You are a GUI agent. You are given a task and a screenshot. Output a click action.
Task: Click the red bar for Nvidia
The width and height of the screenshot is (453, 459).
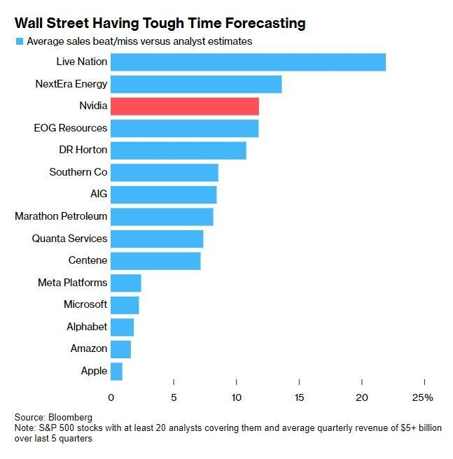coord(185,106)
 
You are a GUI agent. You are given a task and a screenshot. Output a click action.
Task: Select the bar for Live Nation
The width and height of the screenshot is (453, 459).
coord(248,62)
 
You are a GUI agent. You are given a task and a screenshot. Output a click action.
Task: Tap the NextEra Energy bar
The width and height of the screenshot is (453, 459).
coord(196,84)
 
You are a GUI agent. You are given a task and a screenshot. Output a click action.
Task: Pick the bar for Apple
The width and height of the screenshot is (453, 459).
coord(116,371)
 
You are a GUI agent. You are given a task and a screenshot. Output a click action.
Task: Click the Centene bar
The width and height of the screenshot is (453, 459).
coord(155,260)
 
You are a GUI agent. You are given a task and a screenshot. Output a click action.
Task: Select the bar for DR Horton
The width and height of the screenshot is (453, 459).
coord(179,150)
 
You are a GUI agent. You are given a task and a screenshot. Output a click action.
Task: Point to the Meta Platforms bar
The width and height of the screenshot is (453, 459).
coord(126,283)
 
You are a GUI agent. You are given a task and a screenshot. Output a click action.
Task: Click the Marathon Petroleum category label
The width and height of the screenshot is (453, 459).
coord(61,216)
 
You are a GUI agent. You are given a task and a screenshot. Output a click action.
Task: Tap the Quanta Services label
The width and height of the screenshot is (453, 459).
coord(69,239)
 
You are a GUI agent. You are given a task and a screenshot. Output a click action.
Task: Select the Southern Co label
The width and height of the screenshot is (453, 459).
coord(78,172)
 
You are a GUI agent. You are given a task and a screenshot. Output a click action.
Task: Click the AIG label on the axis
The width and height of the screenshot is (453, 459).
coord(99,195)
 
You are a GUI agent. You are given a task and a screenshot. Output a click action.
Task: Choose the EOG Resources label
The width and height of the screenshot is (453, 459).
coord(71,128)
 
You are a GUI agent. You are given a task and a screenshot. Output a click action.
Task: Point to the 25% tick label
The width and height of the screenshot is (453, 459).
coord(423,397)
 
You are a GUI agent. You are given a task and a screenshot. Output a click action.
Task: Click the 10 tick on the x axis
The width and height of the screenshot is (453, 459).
coord(236,397)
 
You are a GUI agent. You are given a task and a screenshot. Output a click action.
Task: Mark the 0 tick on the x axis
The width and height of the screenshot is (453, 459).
coord(111,397)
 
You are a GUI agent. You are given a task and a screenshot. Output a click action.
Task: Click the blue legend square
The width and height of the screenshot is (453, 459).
coord(19,42)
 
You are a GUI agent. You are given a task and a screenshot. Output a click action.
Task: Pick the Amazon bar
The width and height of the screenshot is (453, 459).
coord(120,348)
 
